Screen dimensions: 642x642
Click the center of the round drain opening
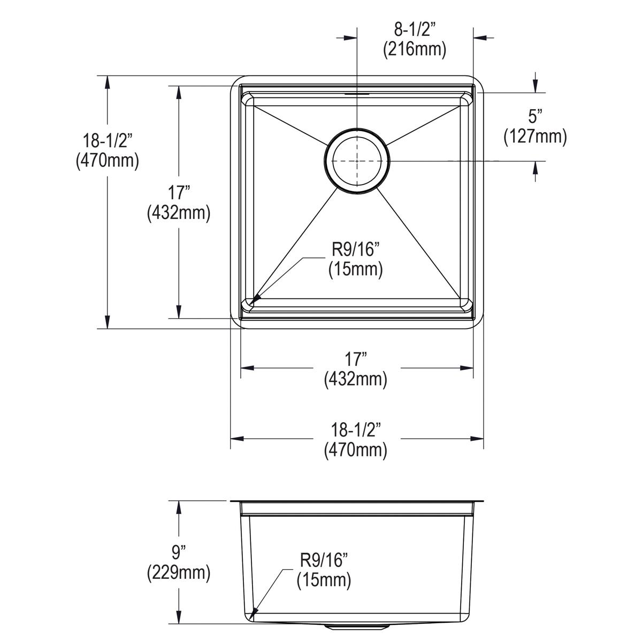coord(357,160)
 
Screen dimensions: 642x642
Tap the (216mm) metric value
coord(415,49)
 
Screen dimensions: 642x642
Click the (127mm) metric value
coord(535,137)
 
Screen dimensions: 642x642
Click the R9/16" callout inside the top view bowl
coord(355,249)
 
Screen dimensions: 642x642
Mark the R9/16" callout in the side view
coord(324,561)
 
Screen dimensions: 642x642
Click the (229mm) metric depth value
coord(178,574)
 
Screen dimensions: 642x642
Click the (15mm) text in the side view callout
coord(324,580)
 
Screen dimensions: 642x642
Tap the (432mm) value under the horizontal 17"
coord(355,379)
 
